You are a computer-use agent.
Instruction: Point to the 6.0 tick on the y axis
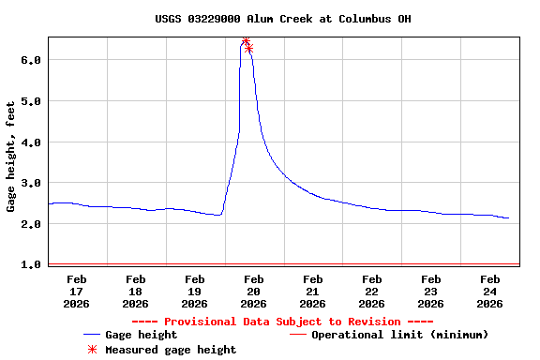click(x=32, y=60)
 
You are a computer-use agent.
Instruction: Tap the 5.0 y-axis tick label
click(x=32, y=101)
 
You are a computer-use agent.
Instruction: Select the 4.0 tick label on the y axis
click(x=32, y=142)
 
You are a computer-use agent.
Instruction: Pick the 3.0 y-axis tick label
click(x=32, y=183)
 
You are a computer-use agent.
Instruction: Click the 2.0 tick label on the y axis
click(x=32, y=224)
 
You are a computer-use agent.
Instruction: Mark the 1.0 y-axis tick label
click(x=32, y=265)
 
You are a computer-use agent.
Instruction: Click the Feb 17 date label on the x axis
click(x=77, y=291)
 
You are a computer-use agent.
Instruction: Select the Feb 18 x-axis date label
click(x=136, y=291)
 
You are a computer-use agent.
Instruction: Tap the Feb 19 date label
click(x=195, y=291)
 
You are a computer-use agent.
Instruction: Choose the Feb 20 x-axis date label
click(x=254, y=291)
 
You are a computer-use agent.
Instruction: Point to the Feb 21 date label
click(x=313, y=291)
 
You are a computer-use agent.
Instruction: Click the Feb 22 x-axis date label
click(x=372, y=291)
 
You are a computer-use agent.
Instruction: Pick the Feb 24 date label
click(x=490, y=291)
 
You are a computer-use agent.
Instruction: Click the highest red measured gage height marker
click(x=246, y=41)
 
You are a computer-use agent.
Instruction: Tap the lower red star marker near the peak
click(x=249, y=48)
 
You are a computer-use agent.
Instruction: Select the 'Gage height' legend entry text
click(x=141, y=335)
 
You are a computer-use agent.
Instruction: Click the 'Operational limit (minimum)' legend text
click(x=399, y=335)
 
